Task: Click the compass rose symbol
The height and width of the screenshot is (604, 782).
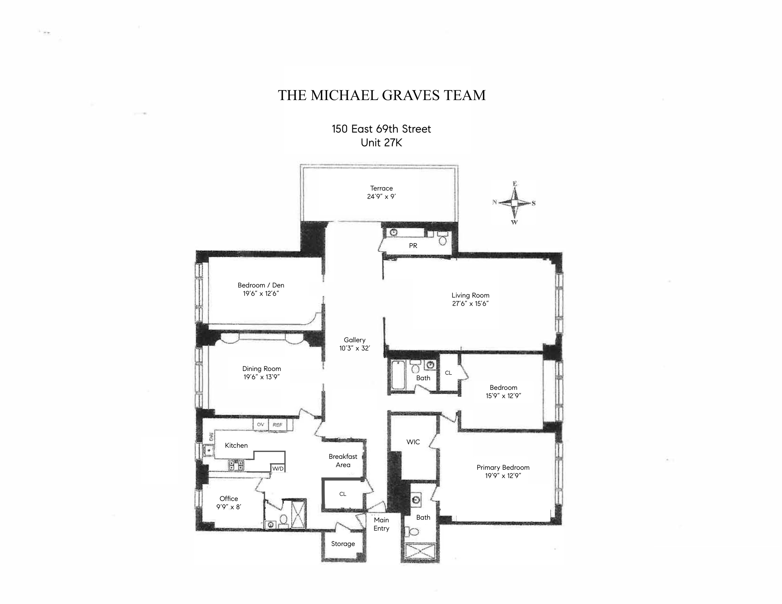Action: (514, 203)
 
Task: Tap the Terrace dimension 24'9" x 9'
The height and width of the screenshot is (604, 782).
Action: (381, 196)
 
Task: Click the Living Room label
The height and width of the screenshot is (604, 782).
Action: (470, 295)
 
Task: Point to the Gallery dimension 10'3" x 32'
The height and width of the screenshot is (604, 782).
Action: (355, 348)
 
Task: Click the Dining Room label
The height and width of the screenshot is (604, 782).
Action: (261, 369)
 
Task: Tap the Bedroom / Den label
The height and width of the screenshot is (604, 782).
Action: (261, 285)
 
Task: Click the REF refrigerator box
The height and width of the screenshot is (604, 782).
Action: (277, 425)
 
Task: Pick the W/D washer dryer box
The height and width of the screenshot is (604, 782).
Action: (278, 468)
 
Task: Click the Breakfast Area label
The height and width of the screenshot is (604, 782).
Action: (343, 460)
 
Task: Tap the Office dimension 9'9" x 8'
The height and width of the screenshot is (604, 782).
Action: (228, 507)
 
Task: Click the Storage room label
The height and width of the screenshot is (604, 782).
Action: (343, 544)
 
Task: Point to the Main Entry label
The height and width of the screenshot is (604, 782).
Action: (381, 524)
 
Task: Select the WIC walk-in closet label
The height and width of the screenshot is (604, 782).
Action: (413, 442)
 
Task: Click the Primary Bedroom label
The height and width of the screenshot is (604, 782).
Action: (503, 467)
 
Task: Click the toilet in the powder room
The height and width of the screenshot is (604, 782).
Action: (443, 239)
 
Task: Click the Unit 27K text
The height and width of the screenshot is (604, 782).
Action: (381, 143)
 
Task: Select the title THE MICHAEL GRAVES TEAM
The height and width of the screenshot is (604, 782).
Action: (382, 95)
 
